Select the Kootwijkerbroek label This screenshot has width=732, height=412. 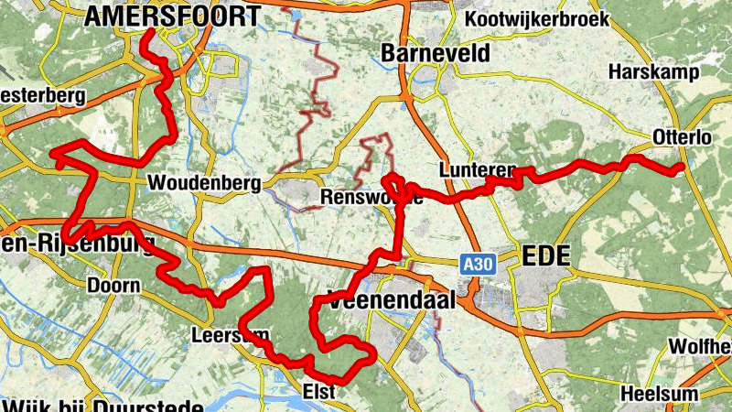541,19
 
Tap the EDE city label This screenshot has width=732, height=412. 545,256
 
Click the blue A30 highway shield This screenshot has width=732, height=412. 471,264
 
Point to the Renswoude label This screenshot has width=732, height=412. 371,198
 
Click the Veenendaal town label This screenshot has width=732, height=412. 383,302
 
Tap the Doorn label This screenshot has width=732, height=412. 113,286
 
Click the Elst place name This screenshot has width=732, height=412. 319,392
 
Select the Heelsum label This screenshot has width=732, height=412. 659,393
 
